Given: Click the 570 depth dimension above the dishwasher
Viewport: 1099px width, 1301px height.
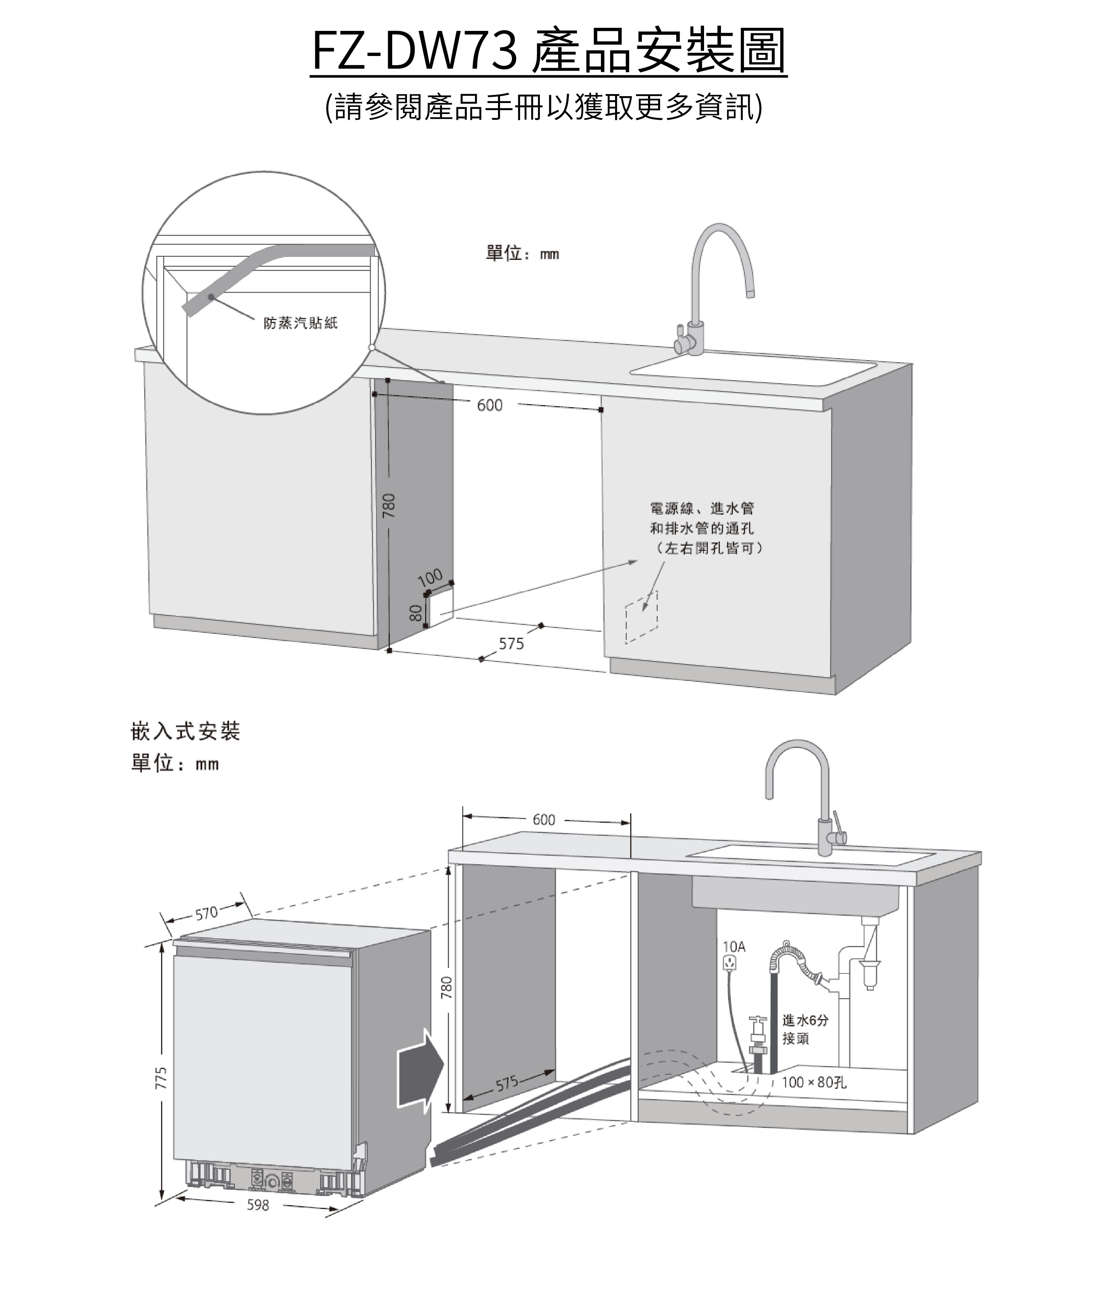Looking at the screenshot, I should (x=206, y=914).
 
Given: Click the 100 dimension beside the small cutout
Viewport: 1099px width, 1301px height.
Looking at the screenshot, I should (x=430, y=577).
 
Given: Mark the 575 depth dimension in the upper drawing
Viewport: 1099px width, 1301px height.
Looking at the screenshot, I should (x=511, y=643).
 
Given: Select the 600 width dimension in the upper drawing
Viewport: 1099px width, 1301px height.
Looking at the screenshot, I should (x=490, y=406).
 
